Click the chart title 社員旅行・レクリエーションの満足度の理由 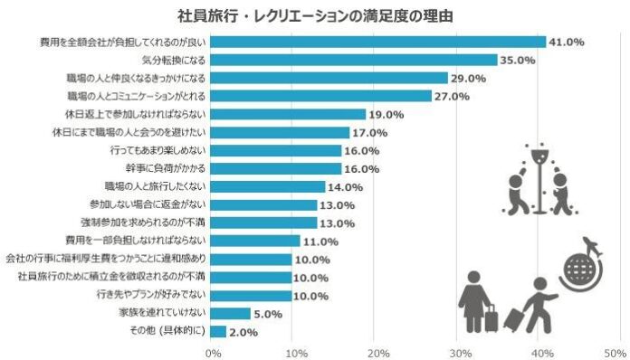click(315, 15)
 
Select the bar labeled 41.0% click(379, 42)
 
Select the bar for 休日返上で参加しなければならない click(289, 115)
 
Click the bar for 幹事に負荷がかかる click(276, 169)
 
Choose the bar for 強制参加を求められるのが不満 click(263, 223)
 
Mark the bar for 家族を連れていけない click(230, 314)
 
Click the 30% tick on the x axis click(461, 352)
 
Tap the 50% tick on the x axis click(616, 352)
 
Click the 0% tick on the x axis click(215, 352)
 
